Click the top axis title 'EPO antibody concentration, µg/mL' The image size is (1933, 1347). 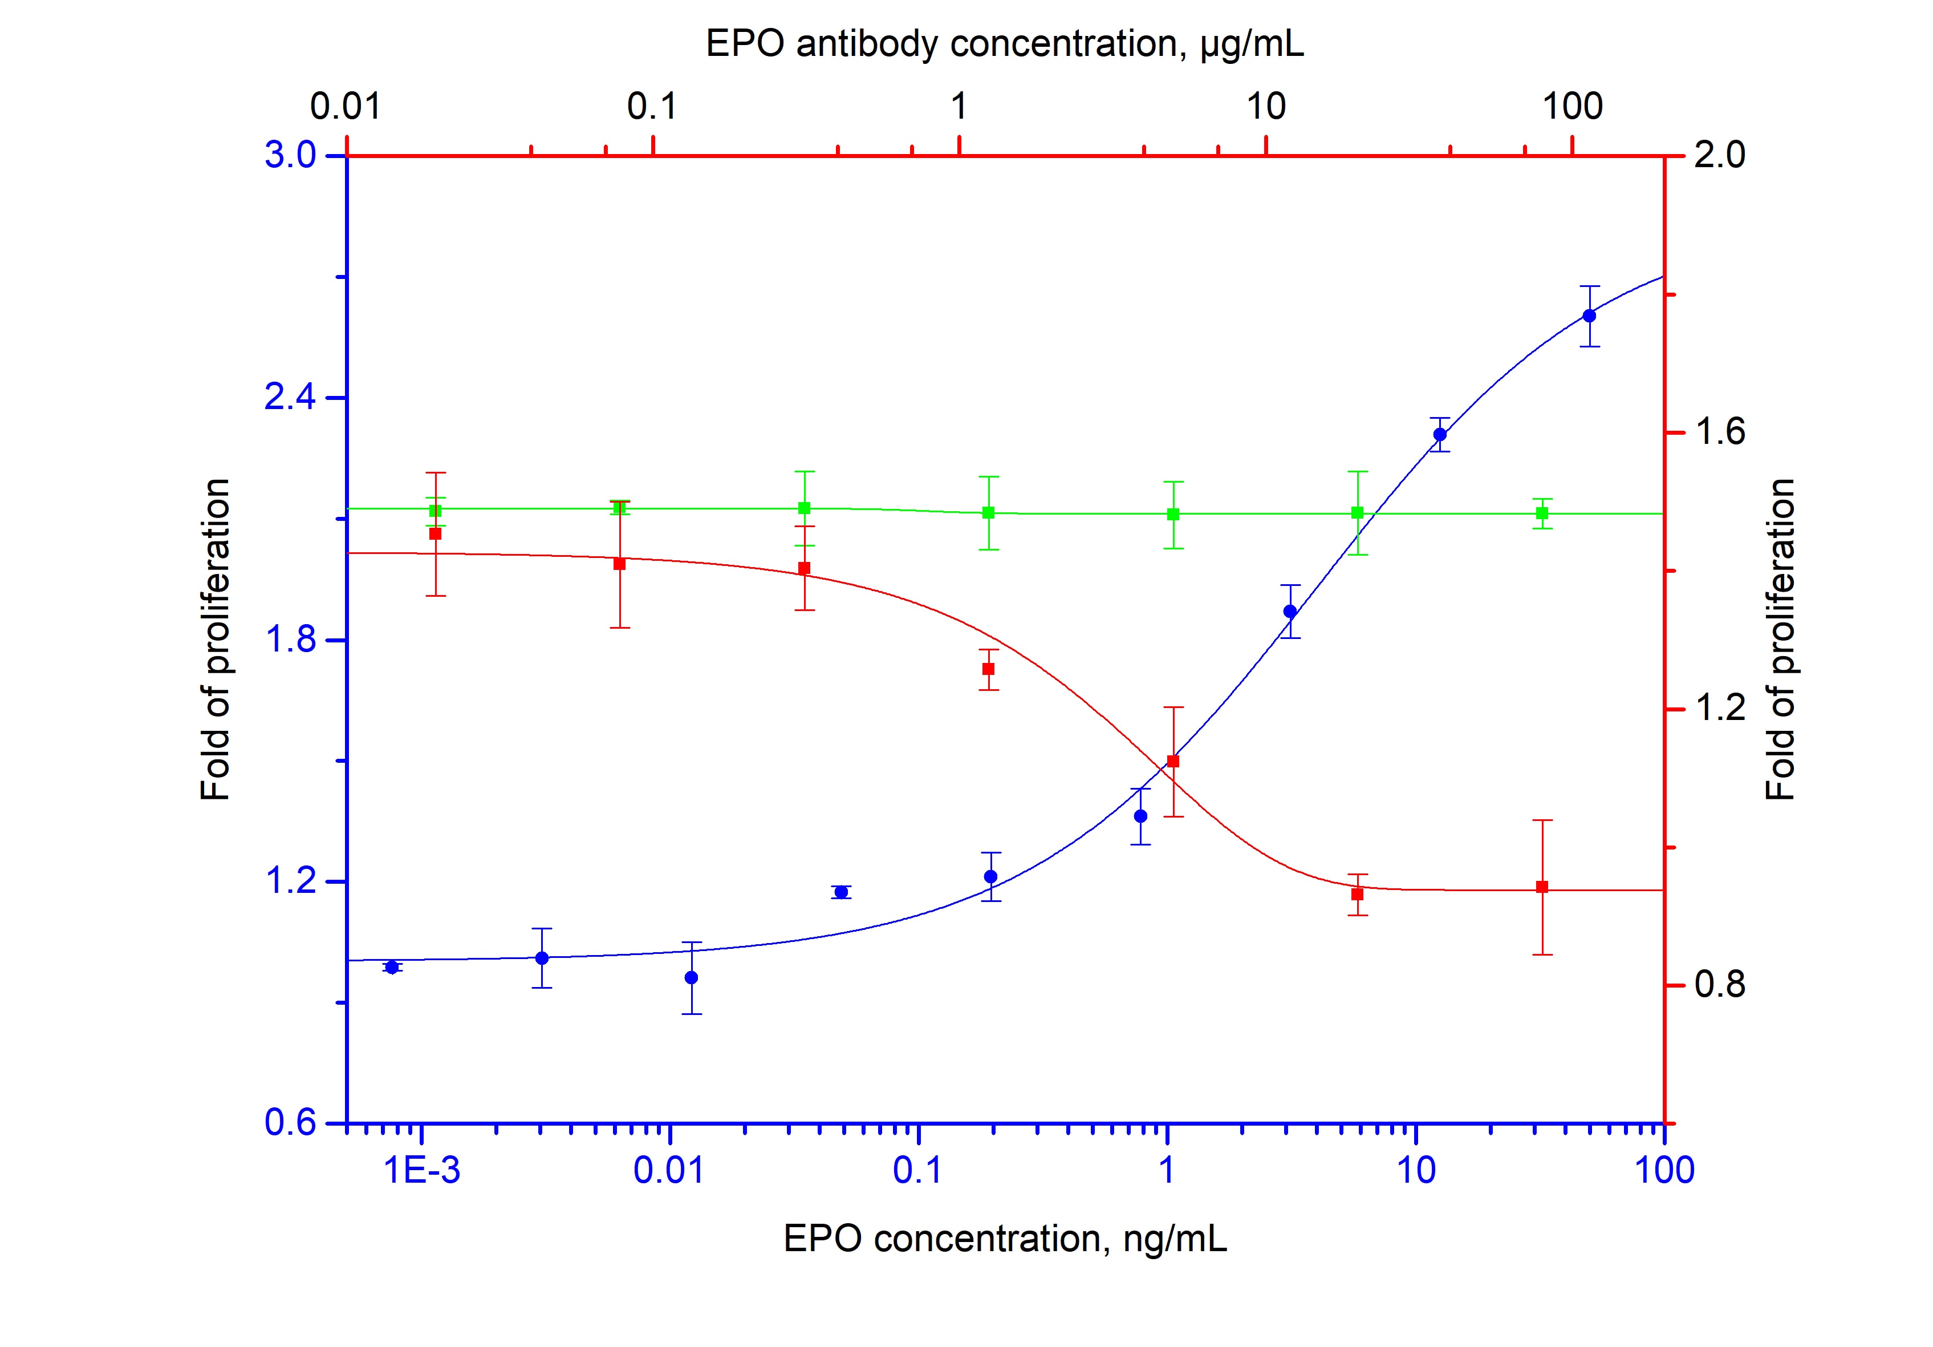1004,44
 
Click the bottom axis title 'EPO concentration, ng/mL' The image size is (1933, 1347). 1004,1239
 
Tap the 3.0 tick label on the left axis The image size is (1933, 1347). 290,156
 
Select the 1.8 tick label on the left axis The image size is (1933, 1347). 290,640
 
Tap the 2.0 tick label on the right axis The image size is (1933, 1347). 1719,156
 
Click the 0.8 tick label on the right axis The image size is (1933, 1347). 1719,985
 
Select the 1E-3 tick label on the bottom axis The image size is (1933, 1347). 422,1171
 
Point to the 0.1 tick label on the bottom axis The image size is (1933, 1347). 917,1171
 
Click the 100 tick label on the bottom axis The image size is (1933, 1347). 1664,1171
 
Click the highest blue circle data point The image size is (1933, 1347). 1589,316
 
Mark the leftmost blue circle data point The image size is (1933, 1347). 392,967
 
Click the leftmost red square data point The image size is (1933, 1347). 435,533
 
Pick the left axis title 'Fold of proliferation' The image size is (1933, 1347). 215,640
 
